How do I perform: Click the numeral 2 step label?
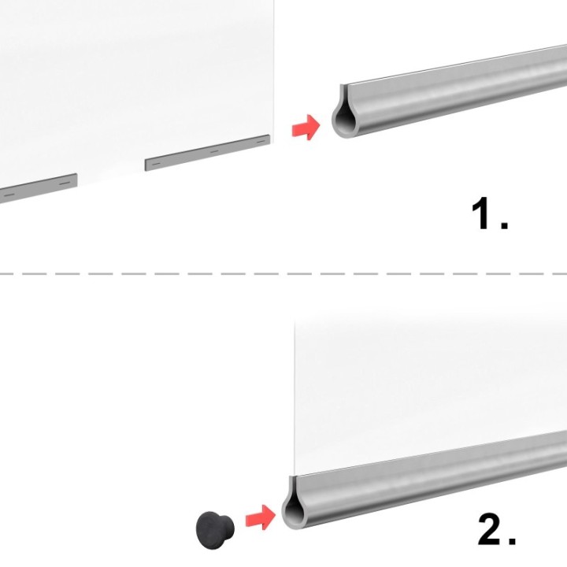pos(491,529)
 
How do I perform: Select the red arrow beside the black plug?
pos(261,517)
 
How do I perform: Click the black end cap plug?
pos(215,530)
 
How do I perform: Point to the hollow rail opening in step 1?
pos(346,121)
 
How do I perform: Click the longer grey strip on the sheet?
pos(208,153)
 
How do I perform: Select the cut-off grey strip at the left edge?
pos(38,188)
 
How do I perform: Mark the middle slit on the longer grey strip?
pos(214,151)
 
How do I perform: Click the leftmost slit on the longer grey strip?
pos(156,164)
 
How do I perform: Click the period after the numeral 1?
pos(505,224)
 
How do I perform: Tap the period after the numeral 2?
pos(512,540)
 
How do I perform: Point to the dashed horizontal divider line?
pos(283,274)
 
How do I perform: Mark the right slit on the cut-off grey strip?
pos(65,183)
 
